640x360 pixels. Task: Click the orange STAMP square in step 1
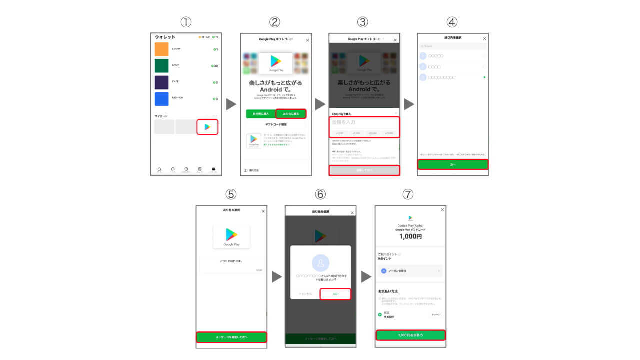click(161, 49)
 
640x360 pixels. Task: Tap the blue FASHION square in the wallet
click(161, 99)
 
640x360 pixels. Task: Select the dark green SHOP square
click(161, 66)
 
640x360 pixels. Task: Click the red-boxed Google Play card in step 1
click(207, 127)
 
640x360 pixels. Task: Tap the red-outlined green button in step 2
click(291, 114)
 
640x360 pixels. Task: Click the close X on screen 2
click(307, 40)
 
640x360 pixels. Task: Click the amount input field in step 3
click(364, 122)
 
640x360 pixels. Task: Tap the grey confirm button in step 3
click(364, 170)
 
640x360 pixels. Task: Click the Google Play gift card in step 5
click(231, 236)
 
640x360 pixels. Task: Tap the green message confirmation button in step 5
click(231, 337)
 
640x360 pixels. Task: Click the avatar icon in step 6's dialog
click(320, 263)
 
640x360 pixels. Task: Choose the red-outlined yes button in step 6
click(335, 294)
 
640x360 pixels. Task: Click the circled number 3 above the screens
click(363, 22)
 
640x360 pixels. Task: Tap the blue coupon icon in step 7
click(384, 270)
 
